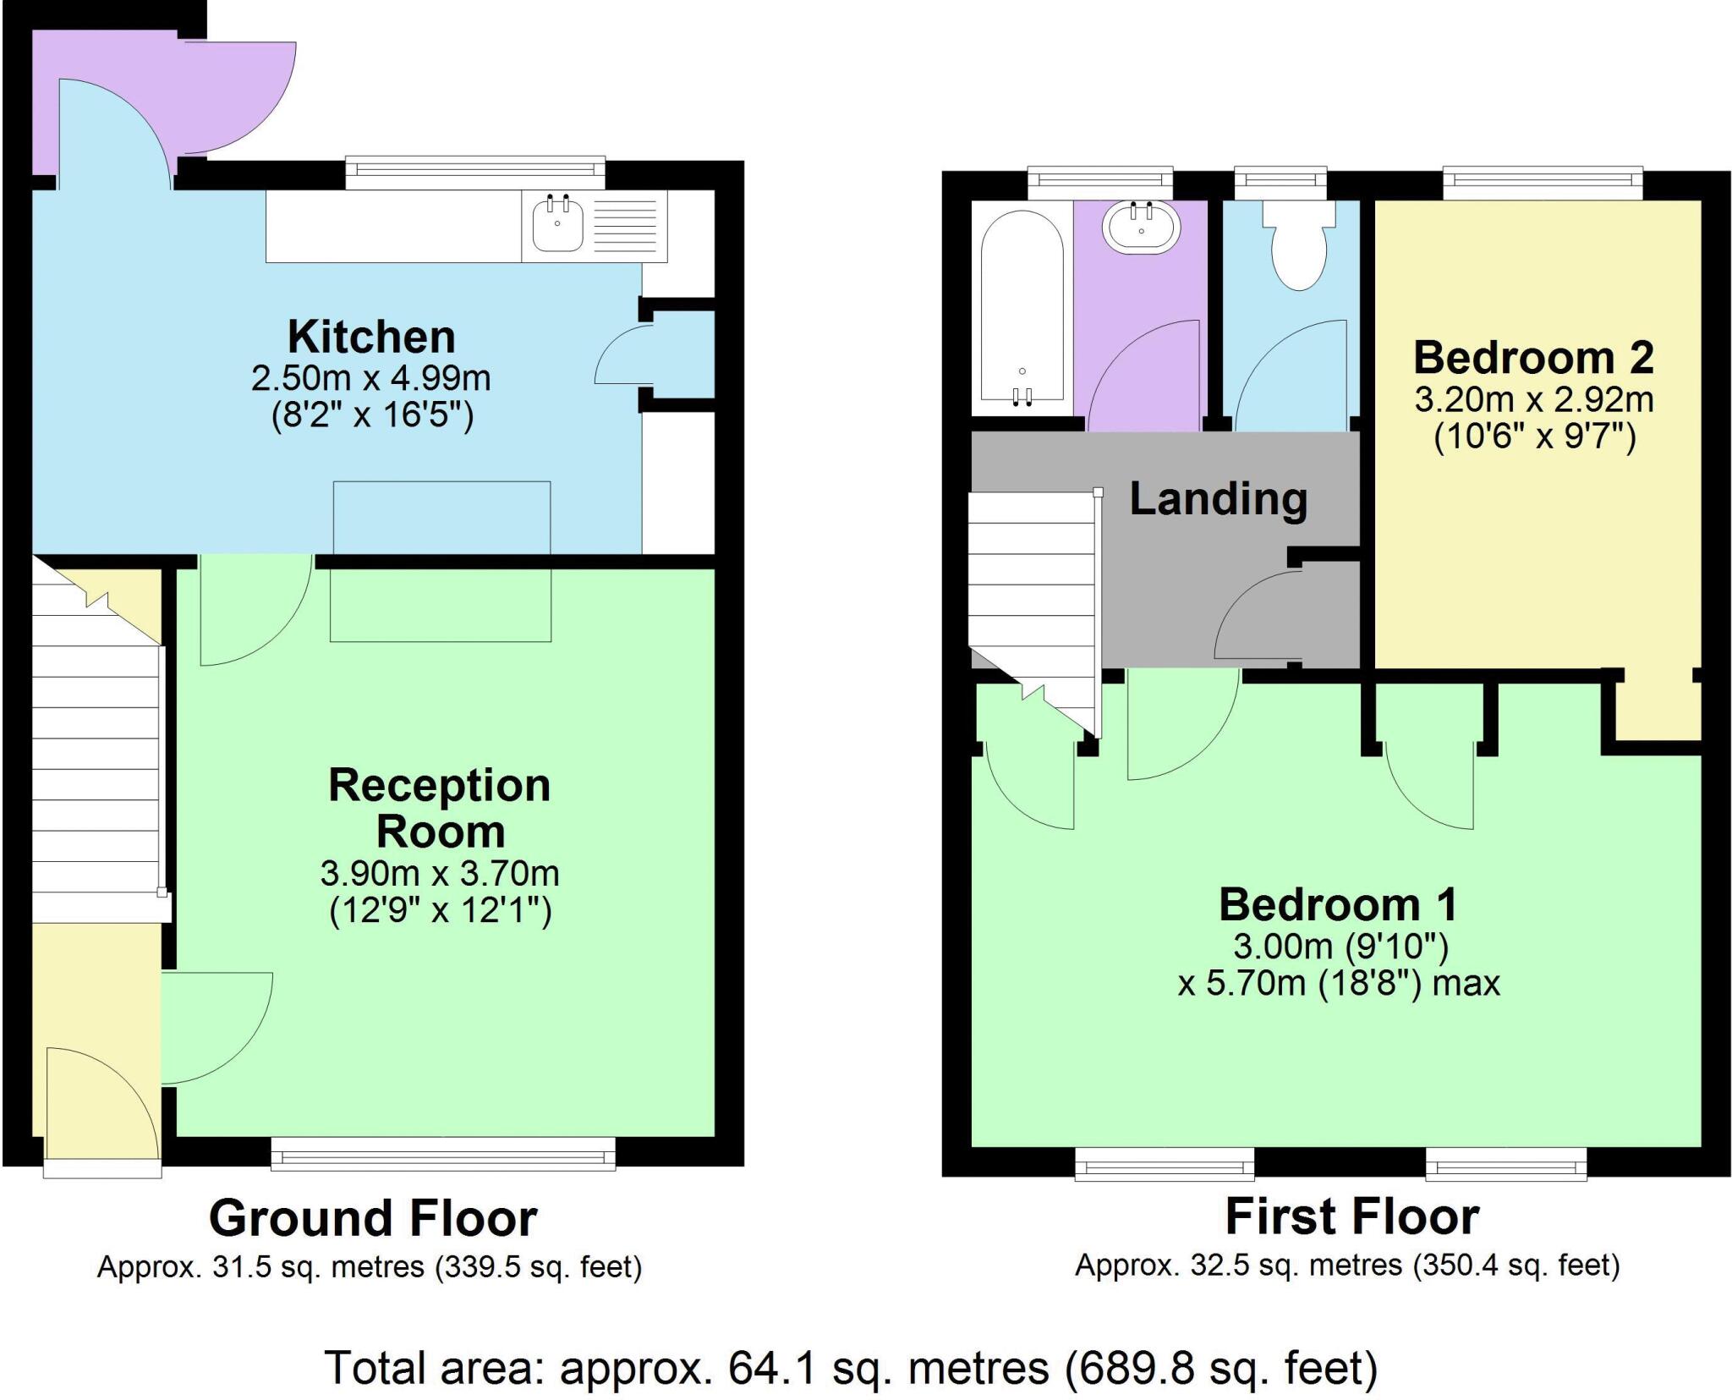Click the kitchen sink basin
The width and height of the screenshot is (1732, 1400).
coord(557,225)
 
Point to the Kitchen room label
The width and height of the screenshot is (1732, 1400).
coord(371,337)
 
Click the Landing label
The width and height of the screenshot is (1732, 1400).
coord(1218,498)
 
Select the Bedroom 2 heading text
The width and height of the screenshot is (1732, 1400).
coord(1533,357)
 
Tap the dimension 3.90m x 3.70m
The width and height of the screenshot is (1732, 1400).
coord(439,873)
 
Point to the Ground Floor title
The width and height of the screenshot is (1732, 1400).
coord(373,1218)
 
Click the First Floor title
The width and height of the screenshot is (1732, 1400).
coord(1351,1216)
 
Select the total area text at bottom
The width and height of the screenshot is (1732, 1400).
coord(851,1368)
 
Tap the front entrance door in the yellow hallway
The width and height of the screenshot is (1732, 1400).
coord(101,1104)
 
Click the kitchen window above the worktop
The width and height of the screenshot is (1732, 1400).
coord(475,172)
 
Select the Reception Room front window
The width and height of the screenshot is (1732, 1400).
coord(443,1154)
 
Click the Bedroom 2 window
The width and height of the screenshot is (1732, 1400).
coord(1543,183)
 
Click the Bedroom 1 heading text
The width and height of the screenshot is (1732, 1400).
coord(1338,904)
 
